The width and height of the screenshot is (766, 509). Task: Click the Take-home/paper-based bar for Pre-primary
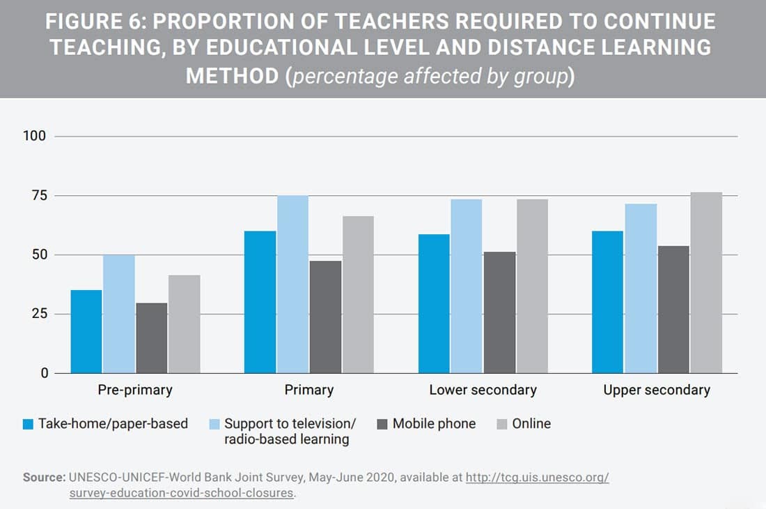(x=86, y=331)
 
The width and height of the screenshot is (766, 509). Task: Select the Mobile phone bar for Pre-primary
(x=152, y=337)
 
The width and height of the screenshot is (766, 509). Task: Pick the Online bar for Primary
(x=358, y=294)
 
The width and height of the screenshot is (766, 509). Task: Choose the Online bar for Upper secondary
(x=706, y=282)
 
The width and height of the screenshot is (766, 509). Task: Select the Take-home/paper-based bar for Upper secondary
(x=607, y=301)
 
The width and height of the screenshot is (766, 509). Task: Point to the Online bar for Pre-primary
(x=185, y=324)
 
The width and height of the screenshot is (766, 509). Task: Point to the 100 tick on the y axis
(x=35, y=136)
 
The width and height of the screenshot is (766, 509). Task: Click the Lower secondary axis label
(x=483, y=390)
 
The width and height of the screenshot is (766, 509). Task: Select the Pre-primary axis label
(x=135, y=390)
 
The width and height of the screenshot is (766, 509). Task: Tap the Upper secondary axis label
(x=657, y=390)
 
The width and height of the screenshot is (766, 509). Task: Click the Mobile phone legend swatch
(x=382, y=424)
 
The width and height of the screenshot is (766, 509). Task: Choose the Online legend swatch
(x=501, y=424)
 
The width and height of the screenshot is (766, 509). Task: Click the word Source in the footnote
(x=43, y=478)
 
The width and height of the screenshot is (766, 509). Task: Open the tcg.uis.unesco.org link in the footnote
(x=537, y=478)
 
